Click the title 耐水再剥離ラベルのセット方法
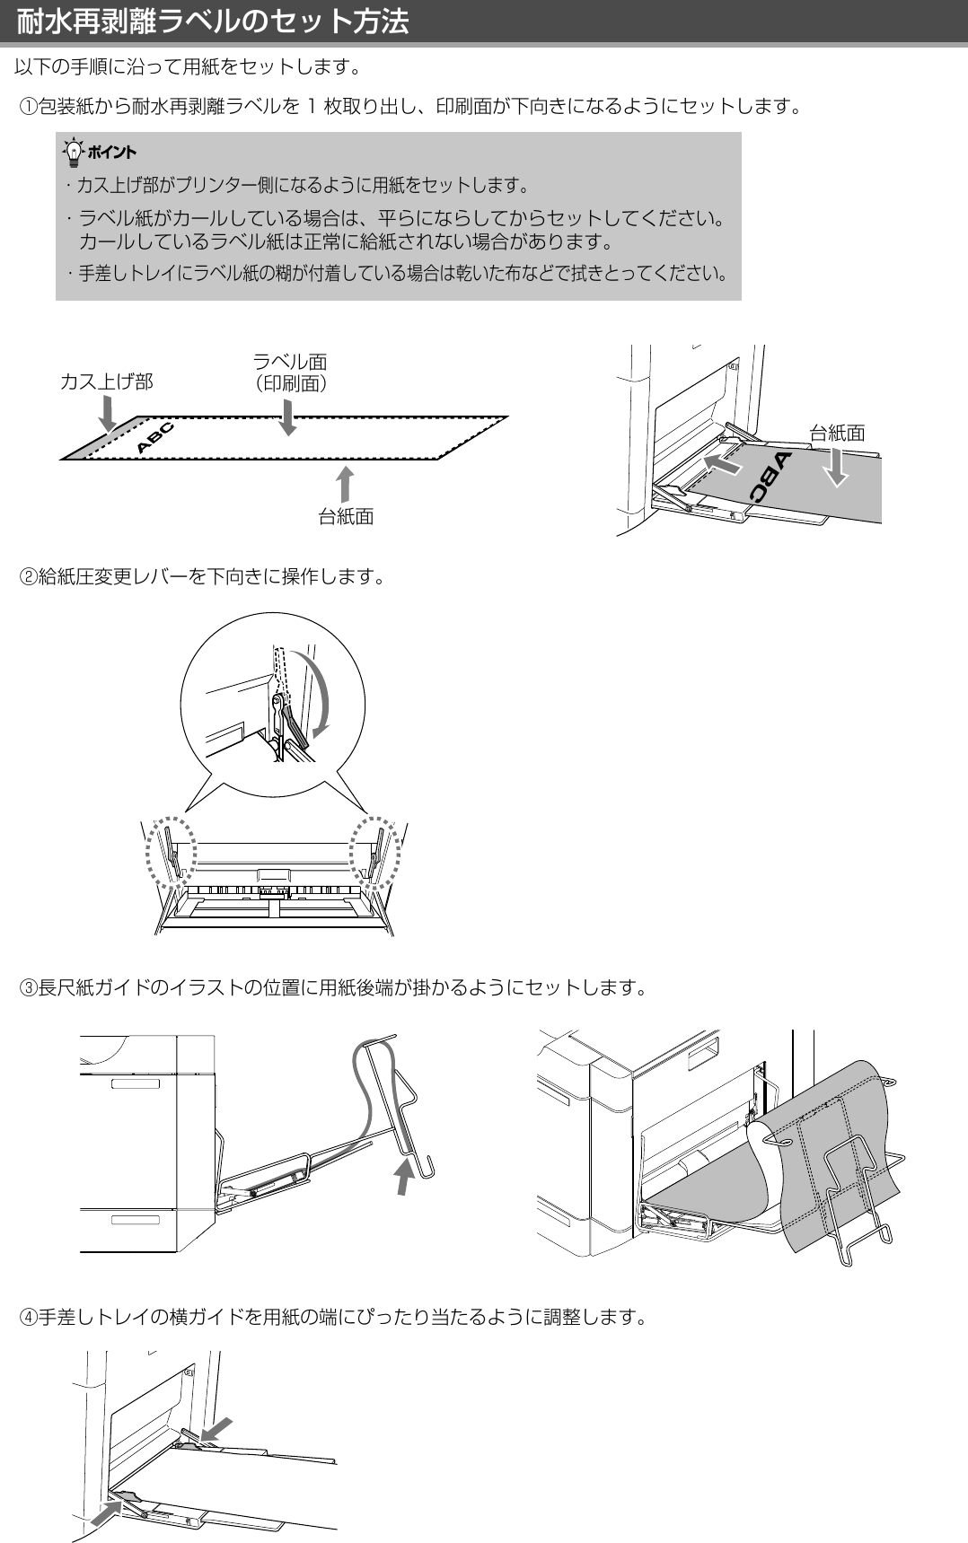coord(213,21)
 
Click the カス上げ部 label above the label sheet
coord(106,381)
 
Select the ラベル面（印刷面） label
coord(290,372)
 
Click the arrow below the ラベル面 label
coord(287,417)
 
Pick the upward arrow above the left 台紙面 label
coord(345,483)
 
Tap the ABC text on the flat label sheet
coord(154,436)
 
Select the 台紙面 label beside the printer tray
coord(837,433)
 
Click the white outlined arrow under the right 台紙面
coord(836,467)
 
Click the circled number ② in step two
coord(28,576)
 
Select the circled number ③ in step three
coord(28,988)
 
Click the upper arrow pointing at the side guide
coord(216,1427)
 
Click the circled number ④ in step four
coord(28,1317)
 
